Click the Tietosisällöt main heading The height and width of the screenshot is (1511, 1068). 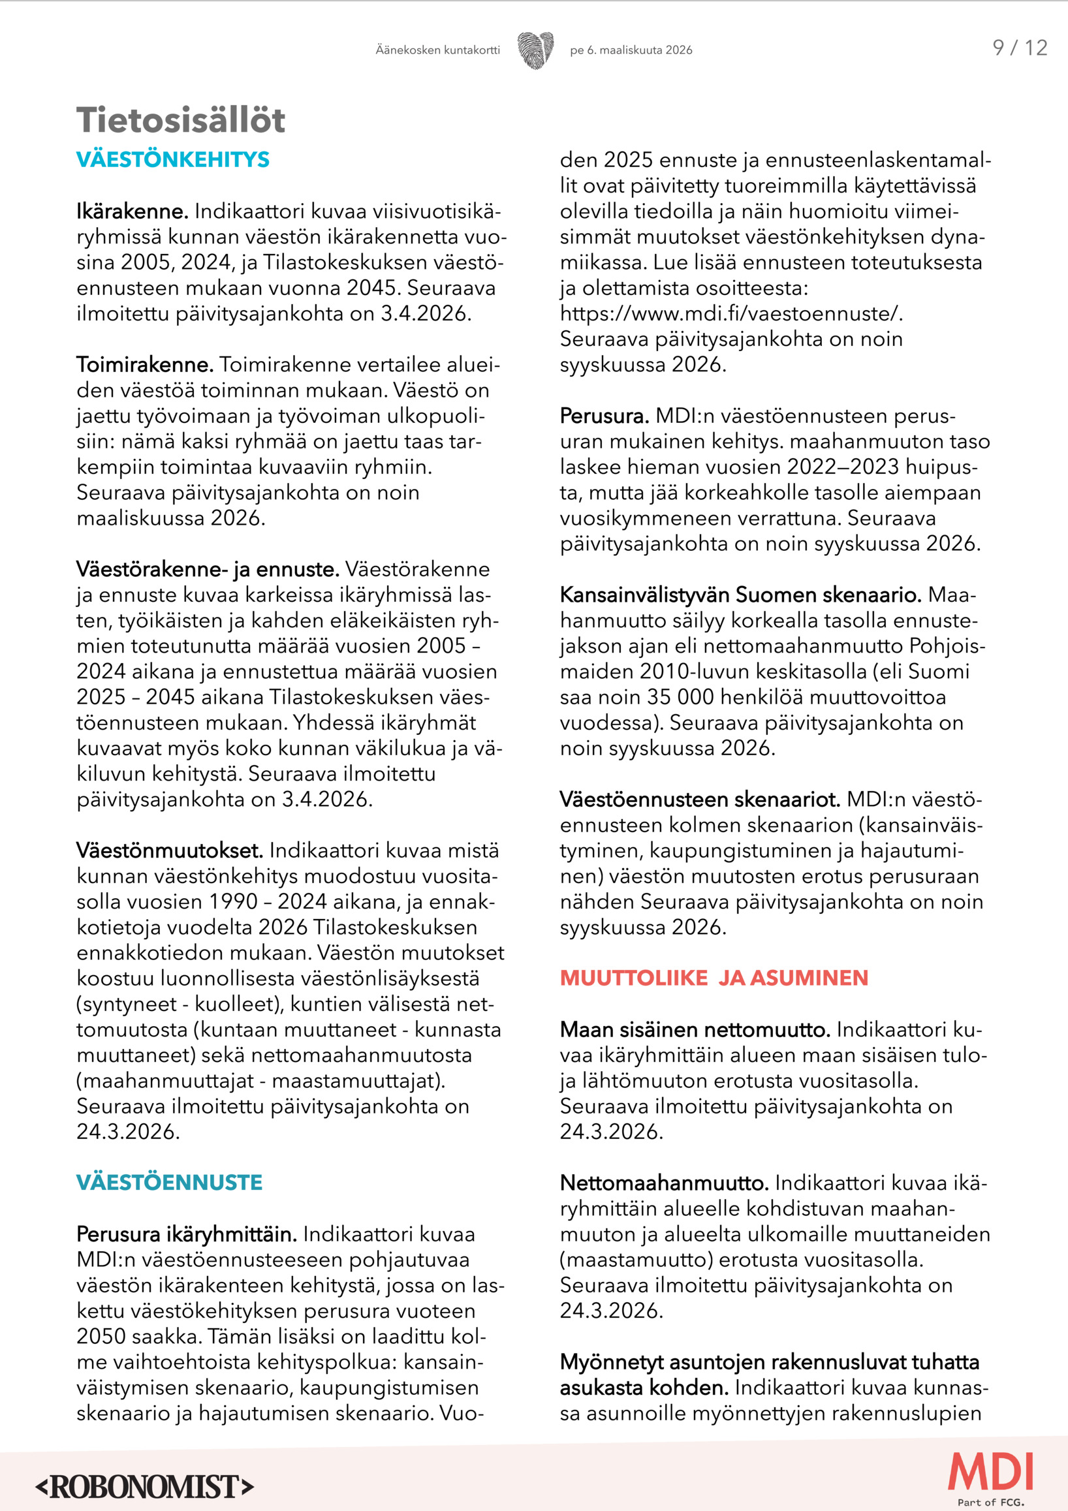tap(180, 120)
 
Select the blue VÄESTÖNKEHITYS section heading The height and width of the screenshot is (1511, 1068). tap(172, 159)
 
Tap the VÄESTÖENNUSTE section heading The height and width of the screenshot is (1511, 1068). tap(169, 1182)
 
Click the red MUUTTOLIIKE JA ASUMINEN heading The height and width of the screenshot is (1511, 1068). tap(714, 977)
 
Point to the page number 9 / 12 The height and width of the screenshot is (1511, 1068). tap(1019, 48)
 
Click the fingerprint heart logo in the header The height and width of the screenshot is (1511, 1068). tap(535, 50)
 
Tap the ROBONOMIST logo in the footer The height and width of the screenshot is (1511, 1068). tap(144, 1486)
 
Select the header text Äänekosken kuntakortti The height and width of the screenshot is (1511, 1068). tap(437, 50)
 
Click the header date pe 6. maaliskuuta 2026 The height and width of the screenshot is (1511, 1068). tap(631, 50)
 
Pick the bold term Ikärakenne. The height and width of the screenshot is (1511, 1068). tap(133, 211)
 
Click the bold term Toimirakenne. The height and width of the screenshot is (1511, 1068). tap(145, 365)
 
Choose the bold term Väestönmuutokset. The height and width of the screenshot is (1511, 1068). tap(169, 850)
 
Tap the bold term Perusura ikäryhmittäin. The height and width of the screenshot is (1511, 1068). tap(186, 1234)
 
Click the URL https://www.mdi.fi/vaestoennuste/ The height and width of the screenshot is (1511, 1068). tap(730, 313)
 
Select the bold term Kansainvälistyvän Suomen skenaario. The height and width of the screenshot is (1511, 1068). tap(740, 595)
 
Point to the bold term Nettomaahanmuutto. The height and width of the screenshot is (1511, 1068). tap(664, 1183)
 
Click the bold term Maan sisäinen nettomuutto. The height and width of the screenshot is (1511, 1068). tap(695, 1029)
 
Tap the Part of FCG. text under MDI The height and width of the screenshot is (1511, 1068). tap(990, 1502)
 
